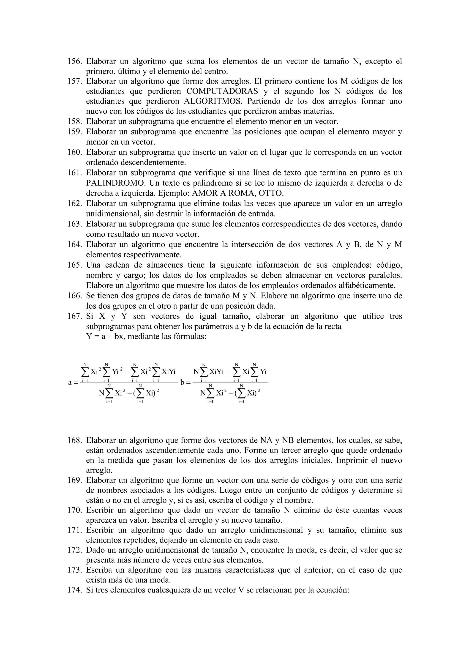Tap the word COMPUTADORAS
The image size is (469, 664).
click(222, 91)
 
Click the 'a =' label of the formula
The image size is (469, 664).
click(73, 383)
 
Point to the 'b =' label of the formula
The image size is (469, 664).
click(185, 383)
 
